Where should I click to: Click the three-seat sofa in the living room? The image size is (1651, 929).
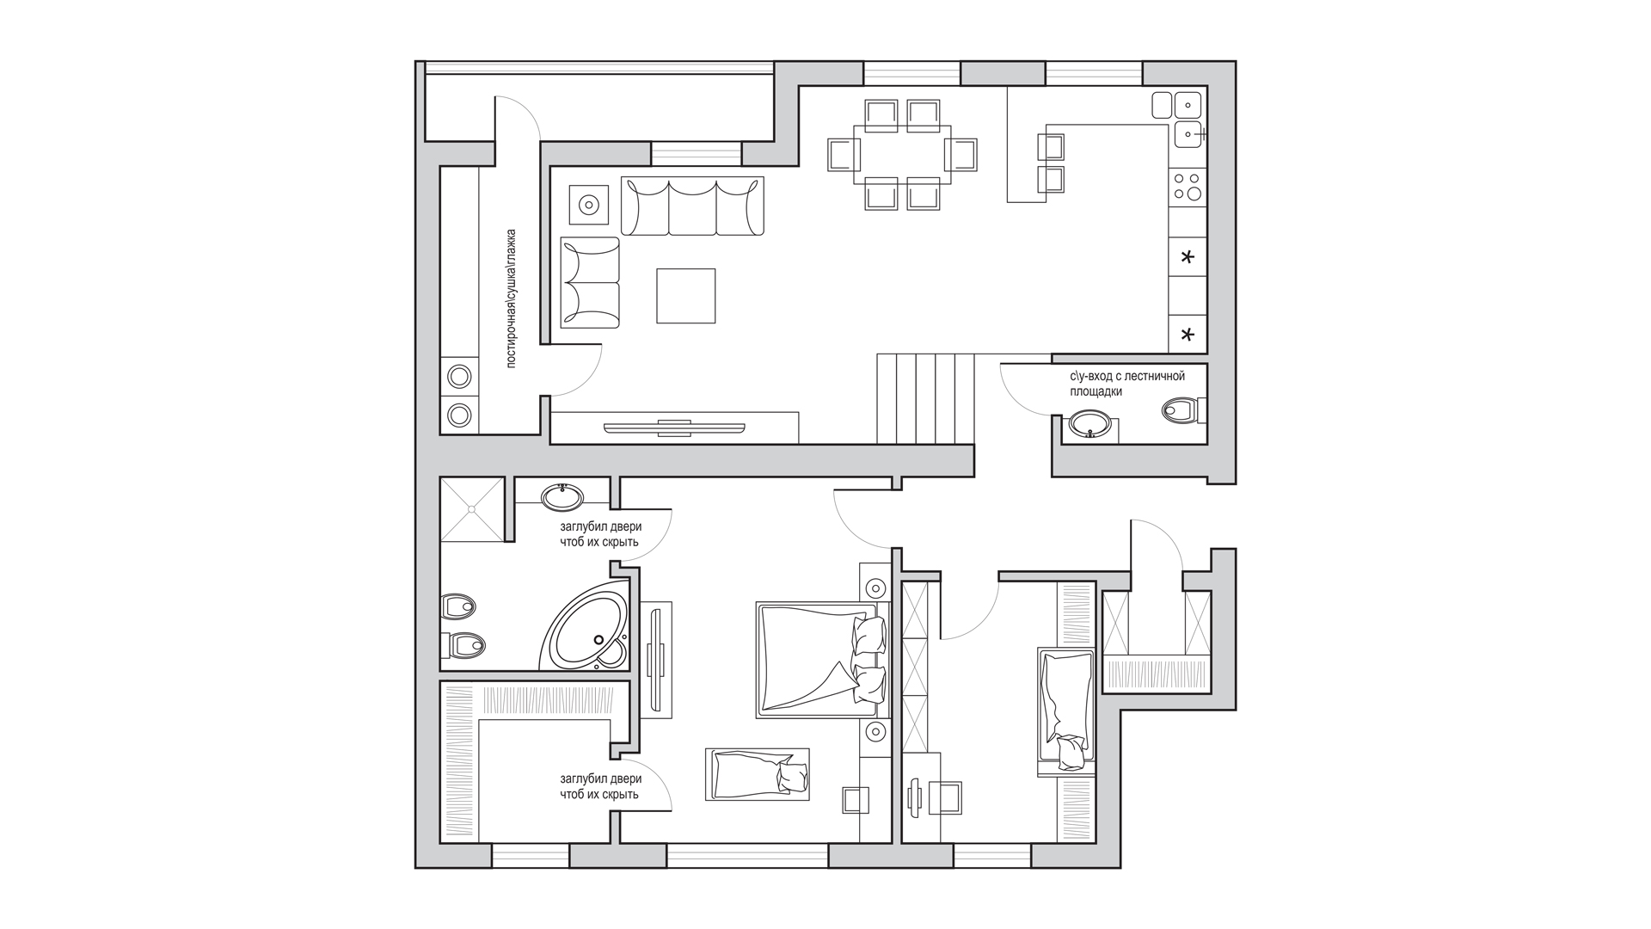click(692, 206)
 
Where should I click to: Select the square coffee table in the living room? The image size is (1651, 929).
click(686, 296)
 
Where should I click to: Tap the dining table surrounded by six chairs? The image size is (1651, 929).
click(903, 155)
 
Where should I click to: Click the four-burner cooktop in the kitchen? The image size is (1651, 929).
click(1188, 187)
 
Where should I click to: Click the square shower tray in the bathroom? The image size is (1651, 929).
click(472, 509)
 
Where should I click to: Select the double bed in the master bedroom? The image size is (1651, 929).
click(821, 660)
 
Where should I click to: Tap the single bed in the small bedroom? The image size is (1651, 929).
click(1066, 710)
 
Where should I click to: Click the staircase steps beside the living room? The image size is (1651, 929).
click(926, 398)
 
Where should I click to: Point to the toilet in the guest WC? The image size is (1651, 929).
click(1183, 410)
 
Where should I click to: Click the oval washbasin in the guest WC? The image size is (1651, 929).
click(1091, 424)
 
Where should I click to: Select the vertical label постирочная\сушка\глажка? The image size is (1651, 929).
click(512, 298)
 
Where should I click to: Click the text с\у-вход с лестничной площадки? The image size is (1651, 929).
click(1126, 384)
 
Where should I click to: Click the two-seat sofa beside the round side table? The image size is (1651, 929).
click(590, 282)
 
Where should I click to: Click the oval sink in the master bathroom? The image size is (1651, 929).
click(562, 496)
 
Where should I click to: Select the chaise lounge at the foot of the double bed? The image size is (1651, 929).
click(757, 774)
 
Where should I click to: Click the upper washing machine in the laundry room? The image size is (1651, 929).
click(460, 377)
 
